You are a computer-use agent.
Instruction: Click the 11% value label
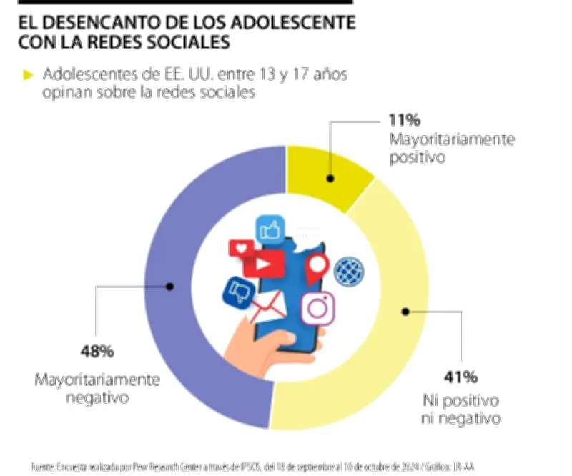coord(405,120)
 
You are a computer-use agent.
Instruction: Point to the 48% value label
coord(97,352)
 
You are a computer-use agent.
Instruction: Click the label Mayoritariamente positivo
coord(451,147)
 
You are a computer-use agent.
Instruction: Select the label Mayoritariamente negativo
coord(97,387)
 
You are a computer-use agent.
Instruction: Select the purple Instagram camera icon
coord(317,309)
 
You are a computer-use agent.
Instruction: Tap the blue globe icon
coord(349,270)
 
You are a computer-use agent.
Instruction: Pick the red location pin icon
coord(317,269)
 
